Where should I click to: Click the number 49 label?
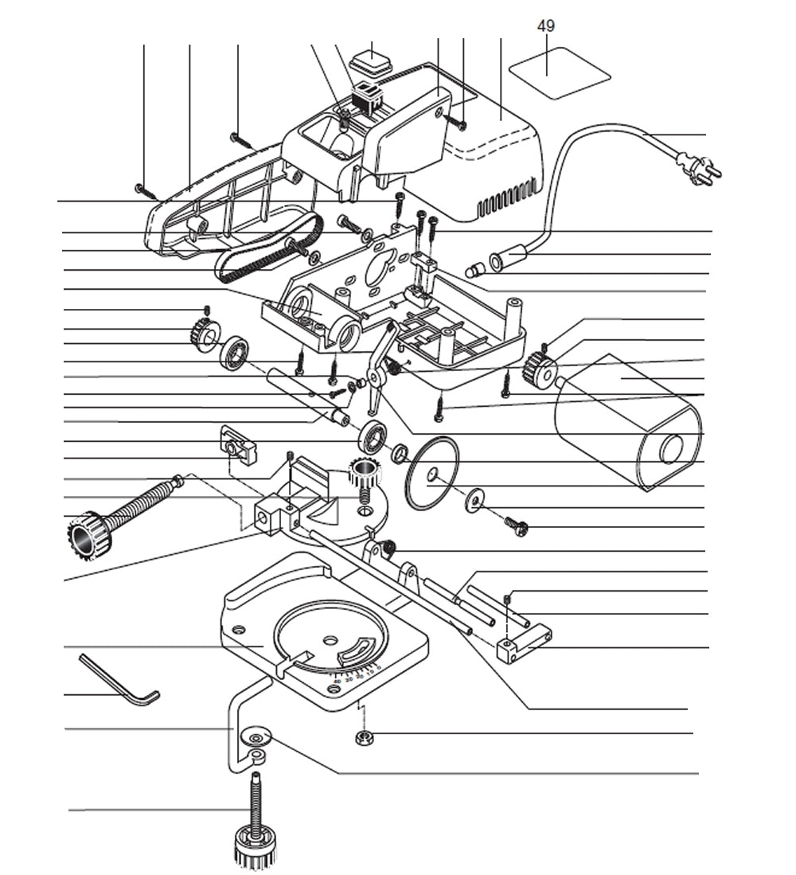click(546, 26)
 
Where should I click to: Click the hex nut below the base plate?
click(365, 737)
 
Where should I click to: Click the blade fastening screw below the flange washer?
click(517, 525)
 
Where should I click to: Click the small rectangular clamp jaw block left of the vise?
click(239, 447)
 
